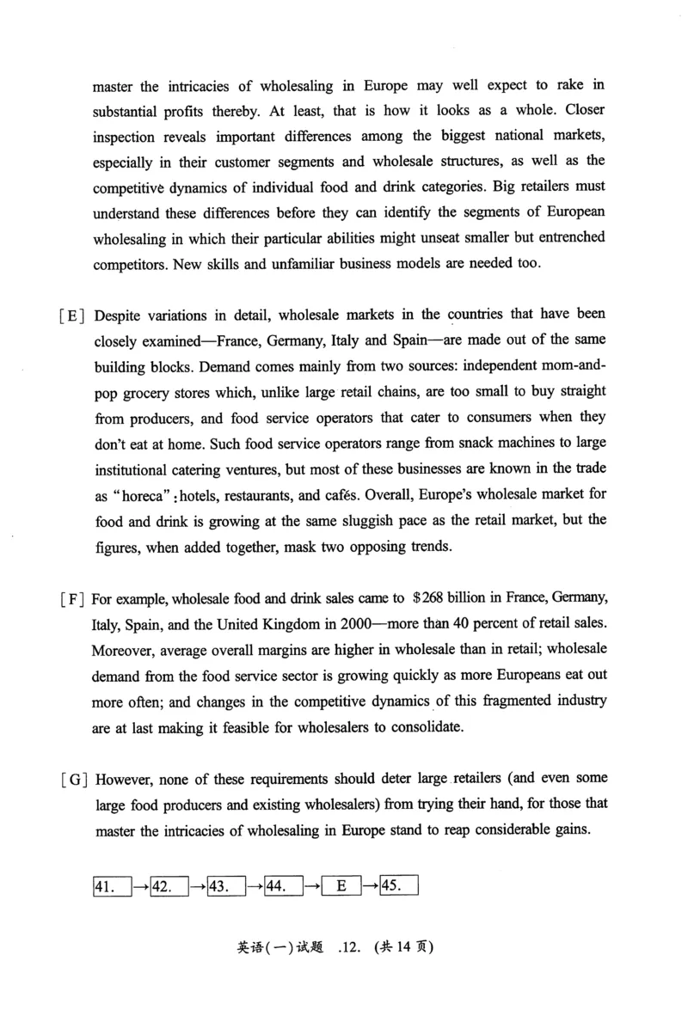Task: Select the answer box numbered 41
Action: (111, 885)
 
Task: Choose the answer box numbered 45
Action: (397, 885)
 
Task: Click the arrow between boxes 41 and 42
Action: (141, 885)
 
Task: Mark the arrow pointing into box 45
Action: (368, 885)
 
